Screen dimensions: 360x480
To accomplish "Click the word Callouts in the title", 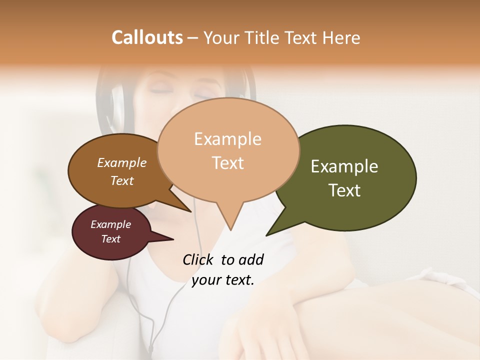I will click(147, 37).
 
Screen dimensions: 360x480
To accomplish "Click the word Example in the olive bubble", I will click(344, 166).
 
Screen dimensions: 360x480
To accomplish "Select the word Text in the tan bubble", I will click(228, 163).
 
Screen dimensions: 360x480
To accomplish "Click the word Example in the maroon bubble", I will click(110, 224).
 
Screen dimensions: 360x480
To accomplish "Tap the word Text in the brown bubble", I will click(121, 180).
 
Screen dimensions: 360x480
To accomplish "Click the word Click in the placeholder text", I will click(198, 259).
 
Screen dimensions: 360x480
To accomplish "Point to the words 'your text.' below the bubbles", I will click(222, 280).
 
